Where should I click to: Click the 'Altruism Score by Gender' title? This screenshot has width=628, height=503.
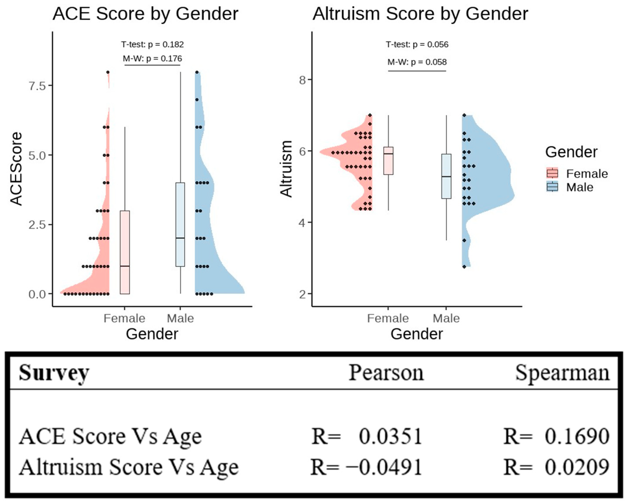420,14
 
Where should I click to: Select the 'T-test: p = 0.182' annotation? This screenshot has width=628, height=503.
152,44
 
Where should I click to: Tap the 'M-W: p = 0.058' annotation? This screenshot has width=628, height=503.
417,62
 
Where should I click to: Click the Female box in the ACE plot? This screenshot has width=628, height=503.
125,252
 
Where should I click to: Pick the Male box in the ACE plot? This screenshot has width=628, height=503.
180,224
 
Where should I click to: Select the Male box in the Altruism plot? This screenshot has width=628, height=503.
446,176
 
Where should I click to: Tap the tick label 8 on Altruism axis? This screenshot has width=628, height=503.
303,80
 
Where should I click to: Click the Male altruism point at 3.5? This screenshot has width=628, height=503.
464,240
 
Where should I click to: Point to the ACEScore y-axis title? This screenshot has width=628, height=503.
16,169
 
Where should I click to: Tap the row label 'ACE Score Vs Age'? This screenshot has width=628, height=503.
110,436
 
